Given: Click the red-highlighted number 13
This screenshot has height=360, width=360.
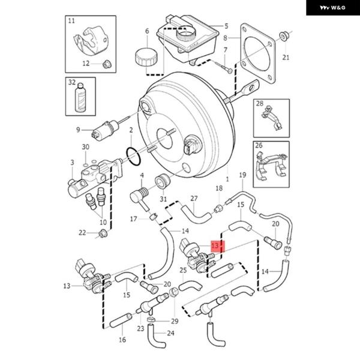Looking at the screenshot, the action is click(x=215, y=245).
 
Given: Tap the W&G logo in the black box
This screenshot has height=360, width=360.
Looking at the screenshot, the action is click(x=332, y=8).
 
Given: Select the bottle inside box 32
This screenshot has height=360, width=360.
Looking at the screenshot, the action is click(x=80, y=97).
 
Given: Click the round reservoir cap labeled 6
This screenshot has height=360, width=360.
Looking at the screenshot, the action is click(x=146, y=57).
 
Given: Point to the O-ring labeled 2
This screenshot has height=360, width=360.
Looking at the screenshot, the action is click(x=133, y=157).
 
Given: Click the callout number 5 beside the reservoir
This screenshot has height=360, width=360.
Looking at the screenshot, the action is click(x=226, y=26).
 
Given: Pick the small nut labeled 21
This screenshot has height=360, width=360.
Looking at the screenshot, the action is click(x=284, y=37).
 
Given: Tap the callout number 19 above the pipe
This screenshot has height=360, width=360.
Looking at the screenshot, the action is click(x=242, y=175).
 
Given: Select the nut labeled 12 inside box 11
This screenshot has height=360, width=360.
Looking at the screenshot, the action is click(x=107, y=64).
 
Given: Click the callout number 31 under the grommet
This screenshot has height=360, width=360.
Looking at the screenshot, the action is click(x=163, y=199).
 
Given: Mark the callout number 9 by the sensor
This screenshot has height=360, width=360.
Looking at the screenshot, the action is click(x=78, y=130).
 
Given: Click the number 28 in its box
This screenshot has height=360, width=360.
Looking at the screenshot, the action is click(x=260, y=104).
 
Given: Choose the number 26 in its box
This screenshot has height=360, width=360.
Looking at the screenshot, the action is click(x=259, y=145).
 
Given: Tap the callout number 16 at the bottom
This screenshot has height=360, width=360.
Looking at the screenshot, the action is click(x=122, y=340).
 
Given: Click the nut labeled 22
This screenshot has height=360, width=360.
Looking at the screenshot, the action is click(x=103, y=234).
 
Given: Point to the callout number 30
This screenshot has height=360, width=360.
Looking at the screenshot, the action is click(x=86, y=147).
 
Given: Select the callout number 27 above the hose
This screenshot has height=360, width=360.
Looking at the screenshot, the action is click(x=194, y=199).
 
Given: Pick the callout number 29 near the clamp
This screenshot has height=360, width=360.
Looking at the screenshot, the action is click(x=175, y=321).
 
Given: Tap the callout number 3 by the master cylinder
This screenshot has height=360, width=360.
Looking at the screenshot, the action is click(x=73, y=163).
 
